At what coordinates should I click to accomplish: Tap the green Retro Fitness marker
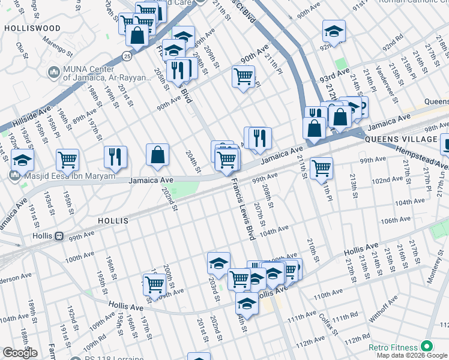point(427,346)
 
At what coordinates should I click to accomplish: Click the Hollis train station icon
point(59,236)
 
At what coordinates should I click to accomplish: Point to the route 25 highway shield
point(127,56)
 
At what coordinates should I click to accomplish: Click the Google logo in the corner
point(20,353)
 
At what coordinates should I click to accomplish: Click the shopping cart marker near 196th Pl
point(67,160)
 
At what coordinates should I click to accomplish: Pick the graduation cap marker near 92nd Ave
point(334,31)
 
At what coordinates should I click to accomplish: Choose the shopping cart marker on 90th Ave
point(243,76)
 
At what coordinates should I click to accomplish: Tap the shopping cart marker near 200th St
point(154,284)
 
